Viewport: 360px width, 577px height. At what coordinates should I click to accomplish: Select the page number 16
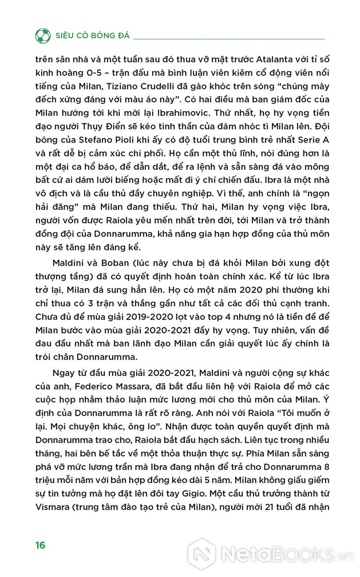tap(41, 545)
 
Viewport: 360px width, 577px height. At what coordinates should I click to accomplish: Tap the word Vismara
tap(54, 520)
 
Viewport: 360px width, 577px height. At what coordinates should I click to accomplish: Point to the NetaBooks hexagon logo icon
tap(201, 554)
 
